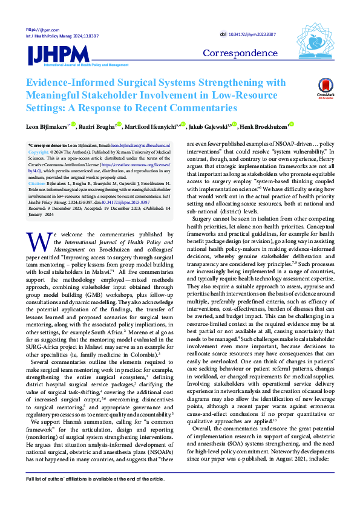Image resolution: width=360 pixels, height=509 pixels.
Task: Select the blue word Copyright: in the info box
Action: pos(39,152)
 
